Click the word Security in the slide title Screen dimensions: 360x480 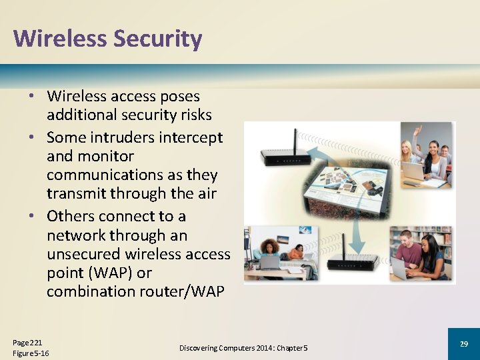(x=157, y=39)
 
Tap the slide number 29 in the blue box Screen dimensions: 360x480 (x=464, y=343)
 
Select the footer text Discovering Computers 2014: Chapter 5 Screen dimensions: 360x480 (x=243, y=348)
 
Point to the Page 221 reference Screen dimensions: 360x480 (x=27, y=342)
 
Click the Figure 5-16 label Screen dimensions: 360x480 (x=31, y=353)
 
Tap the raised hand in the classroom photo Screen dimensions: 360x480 (x=418, y=129)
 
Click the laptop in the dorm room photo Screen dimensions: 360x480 (x=269, y=261)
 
